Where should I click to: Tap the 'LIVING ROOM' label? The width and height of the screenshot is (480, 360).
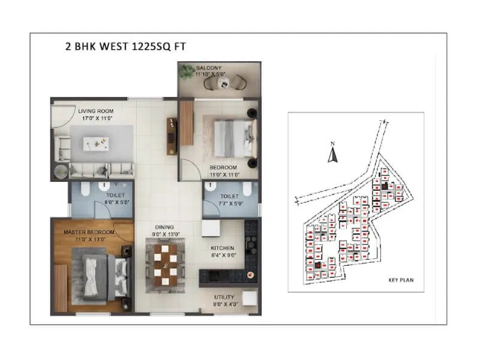tap(95, 111)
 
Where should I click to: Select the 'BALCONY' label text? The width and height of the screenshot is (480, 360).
tap(209, 68)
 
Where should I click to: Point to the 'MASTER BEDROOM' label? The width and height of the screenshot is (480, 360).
tap(89, 232)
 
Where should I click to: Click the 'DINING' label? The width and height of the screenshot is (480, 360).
tap(164, 227)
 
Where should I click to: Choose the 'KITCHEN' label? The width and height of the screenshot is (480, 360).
tap(222, 248)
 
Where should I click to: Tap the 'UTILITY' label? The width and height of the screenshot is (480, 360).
tap(224, 297)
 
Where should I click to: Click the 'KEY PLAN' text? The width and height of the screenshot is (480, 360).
tap(401, 280)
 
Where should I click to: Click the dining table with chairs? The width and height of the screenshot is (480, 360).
tap(165, 263)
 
